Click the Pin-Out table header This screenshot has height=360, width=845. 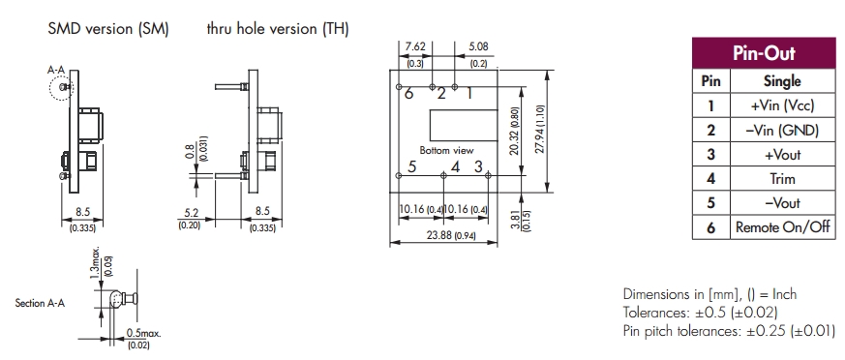pos(764,53)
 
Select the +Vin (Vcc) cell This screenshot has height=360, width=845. pos(782,105)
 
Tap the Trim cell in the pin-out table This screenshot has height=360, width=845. pos(782,178)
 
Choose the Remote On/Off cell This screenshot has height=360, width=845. pos(782,226)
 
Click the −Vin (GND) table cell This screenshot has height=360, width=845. pos(782,130)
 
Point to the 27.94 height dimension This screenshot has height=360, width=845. pos(540,131)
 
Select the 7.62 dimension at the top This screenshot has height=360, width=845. pos(415,46)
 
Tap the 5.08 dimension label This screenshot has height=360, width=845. pos(478,46)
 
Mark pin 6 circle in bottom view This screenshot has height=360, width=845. pos(399,87)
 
